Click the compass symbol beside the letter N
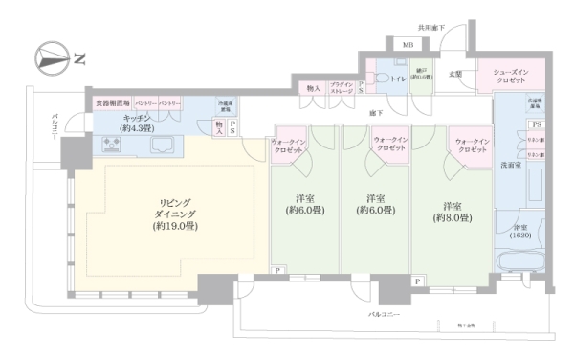click(x=47, y=56)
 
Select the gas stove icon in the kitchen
click(x=112, y=146)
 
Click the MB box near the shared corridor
click(x=408, y=46)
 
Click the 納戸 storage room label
click(x=421, y=75)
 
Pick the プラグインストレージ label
click(x=342, y=88)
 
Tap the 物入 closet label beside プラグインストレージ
click(x=313, y=88)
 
